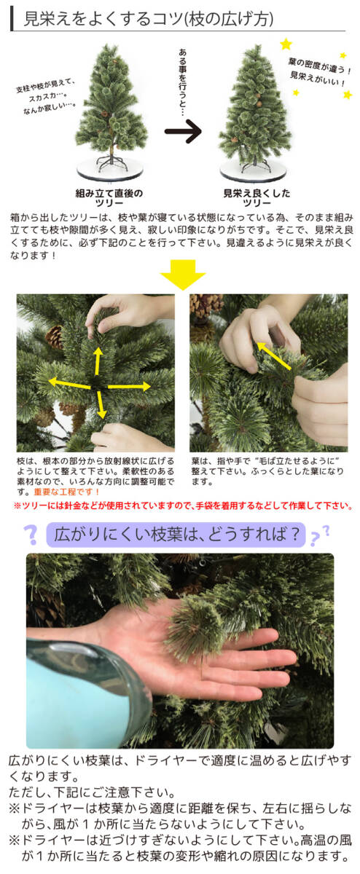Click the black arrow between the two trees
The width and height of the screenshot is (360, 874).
pyautogui.click(x=182, y=134)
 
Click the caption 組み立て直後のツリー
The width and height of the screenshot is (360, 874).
pyautogui.click(x=109, y=199)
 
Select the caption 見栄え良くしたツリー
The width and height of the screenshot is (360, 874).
pyautogui.click(x=257, y=199)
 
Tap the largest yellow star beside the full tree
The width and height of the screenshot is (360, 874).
pyautogui.click(x=286, y=44)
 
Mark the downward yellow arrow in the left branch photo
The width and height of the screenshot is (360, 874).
pyautogui.click(x=100, y=404)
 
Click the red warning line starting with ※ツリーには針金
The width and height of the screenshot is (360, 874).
pyautogui.click(x=182, y=505)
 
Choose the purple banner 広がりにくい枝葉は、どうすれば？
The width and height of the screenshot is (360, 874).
pyautogui.click(x=175, y=535)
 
